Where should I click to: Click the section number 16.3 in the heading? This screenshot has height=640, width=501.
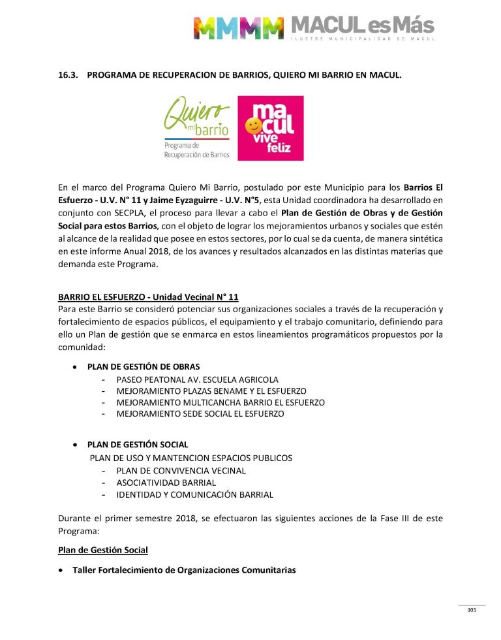point(68,76)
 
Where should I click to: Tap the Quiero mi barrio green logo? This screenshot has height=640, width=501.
point(196,129)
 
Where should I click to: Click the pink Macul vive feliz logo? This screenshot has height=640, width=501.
point(270,129)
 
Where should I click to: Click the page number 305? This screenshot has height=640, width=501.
point(472,610)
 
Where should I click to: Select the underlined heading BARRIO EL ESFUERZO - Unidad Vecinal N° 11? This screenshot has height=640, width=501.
point(148,297)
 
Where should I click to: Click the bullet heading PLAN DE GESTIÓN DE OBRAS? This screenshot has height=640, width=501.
point(144,366)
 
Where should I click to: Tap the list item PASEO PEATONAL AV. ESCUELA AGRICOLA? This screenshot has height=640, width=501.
point(197,379)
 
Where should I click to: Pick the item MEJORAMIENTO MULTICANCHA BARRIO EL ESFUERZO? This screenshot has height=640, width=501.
point(220,402)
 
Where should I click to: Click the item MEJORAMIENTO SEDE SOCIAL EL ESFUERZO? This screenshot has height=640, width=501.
point(200,413)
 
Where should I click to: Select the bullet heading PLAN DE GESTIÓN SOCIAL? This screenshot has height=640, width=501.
point(138,444)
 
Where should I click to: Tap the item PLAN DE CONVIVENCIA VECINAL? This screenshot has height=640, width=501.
point(181,470)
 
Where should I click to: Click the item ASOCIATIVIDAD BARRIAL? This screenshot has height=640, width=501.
point(166,483)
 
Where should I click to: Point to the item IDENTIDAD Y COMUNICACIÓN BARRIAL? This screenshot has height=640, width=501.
point(195,494)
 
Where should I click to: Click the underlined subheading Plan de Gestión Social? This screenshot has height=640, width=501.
point(103,550)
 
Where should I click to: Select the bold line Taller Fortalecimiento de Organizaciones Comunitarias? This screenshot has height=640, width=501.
point(184,570)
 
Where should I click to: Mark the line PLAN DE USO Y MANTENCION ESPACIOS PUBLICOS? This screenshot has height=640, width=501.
point(191,458)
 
